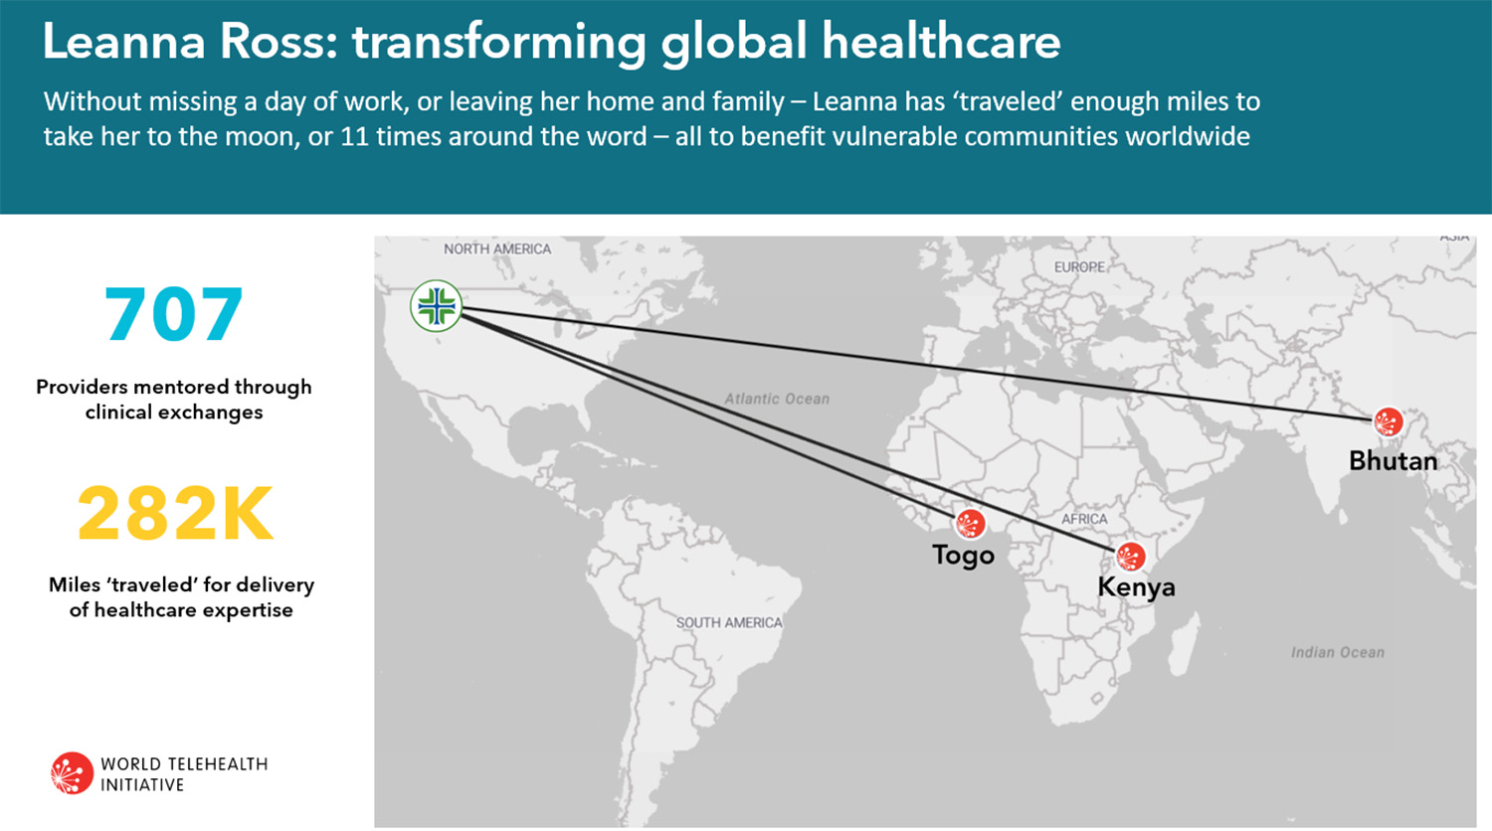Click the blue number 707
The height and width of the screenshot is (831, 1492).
point(174,314)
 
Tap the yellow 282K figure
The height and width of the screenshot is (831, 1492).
point(175,513)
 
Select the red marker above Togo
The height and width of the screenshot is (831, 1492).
point(971,524)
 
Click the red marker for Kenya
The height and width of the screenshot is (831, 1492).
point(1130,557)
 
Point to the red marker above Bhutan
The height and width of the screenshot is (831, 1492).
point(1389,421)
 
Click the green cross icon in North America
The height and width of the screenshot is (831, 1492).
point(437,305)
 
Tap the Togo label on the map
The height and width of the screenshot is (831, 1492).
point(963,556)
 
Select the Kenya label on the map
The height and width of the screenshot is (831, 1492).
point(1136,586)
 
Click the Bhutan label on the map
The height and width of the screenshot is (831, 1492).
point(1393,461)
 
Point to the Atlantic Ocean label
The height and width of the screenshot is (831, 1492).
point(777,399)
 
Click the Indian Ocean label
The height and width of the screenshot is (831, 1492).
point(1338,652)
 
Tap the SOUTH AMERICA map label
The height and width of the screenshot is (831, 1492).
point(729,622)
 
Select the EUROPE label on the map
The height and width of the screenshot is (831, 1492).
point(1079,267)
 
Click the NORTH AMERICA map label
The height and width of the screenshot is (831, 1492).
point(497,249)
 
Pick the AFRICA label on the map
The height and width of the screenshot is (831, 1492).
point(1084,519)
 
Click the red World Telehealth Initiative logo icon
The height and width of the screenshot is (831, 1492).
point(72,773)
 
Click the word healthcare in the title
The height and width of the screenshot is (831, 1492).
point(941,42)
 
